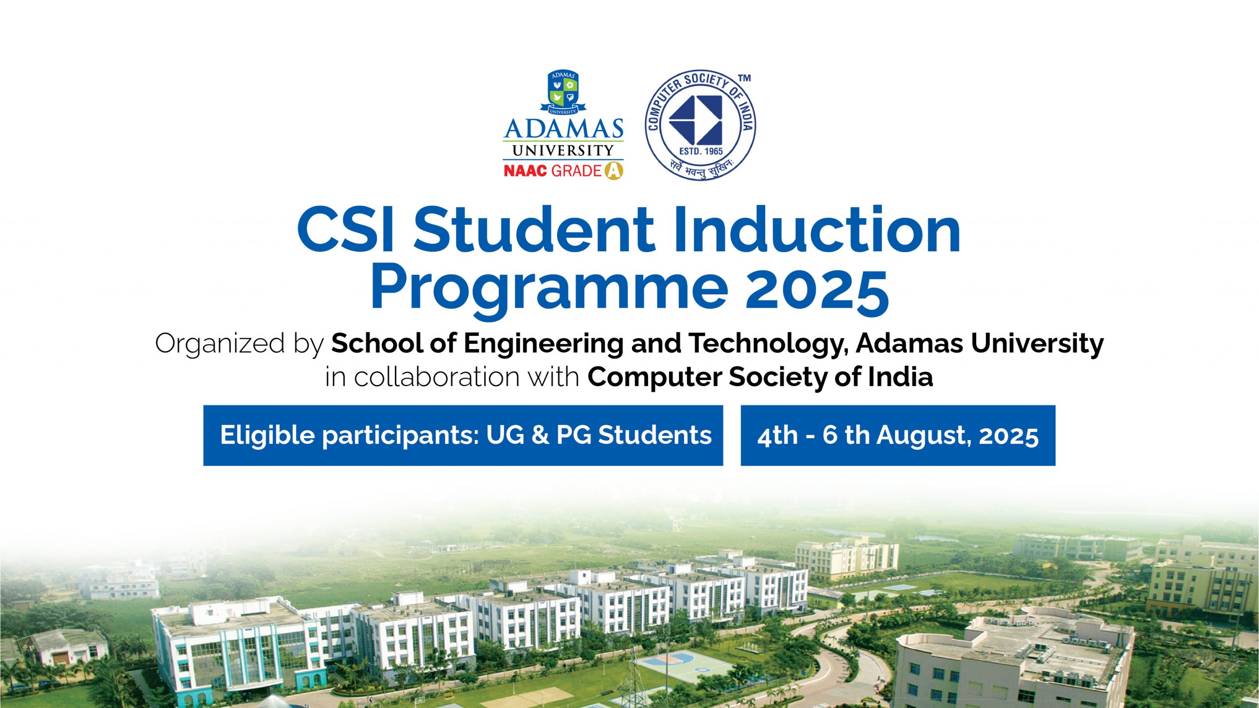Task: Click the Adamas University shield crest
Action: (563, 92)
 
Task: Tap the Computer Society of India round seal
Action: (700, 125)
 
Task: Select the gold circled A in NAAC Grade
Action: (613, 171)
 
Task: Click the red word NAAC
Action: (525, 171)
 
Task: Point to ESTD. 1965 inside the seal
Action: (700, 151)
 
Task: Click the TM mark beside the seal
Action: (745, 78)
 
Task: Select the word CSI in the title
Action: (345, 230)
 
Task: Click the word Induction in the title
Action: (817, 229)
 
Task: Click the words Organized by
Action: (240, 344)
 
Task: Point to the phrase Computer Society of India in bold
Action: (760, 377)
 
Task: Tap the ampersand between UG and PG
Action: (540, 435)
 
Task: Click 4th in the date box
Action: (777, 436)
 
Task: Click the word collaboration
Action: (437, 377)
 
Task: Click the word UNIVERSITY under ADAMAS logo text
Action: (563, 150)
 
